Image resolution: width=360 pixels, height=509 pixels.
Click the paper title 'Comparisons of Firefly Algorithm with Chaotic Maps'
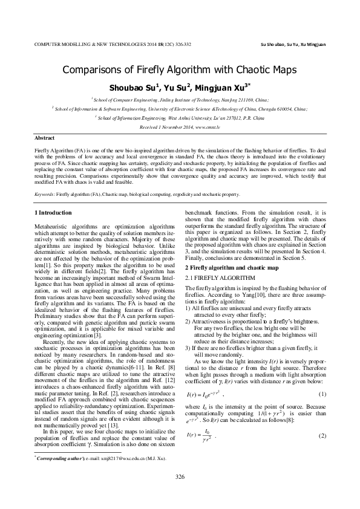tap(180, 70)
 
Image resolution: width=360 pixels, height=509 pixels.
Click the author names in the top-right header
tap(292, 44)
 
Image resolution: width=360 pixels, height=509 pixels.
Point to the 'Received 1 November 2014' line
tap(180, 128)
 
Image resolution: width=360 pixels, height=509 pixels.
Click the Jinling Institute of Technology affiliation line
tap(180, 99)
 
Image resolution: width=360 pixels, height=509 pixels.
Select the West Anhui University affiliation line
tap(180, 119)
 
